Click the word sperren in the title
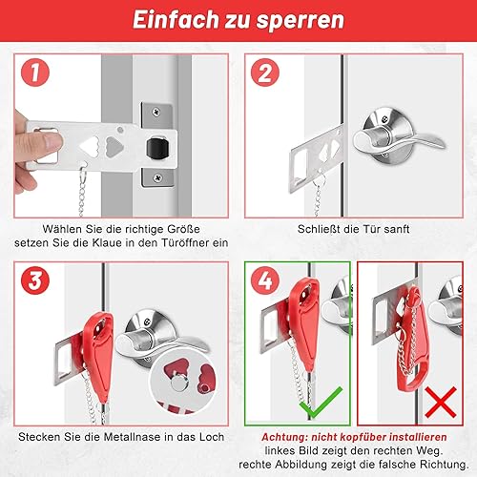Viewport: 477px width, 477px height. pyautogui.click(x=301, y=20)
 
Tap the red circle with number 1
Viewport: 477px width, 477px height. pyautogui.click(x=35, y=73)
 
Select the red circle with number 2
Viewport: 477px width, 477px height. pyautogui.click(x=265, y=73)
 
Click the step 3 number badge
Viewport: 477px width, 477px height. pyautogui.click(x=35, y=280)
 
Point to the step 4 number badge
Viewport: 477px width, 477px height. pyautogui.click(x=265, y=280)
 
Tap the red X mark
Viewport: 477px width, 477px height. pyautogui.click(x=441, y=403)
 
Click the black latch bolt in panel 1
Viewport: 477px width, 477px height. pyautogui.click(x=157, y=148)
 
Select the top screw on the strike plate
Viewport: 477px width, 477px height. pyautogui.click(x=156, y=112)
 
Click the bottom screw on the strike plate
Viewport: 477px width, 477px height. pyautogui.click(x=157, y=177)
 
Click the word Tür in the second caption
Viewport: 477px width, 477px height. pyautogui.click(x=371, y=229)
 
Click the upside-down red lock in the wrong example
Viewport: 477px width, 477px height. pyautogui.click(x=412, y=339)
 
